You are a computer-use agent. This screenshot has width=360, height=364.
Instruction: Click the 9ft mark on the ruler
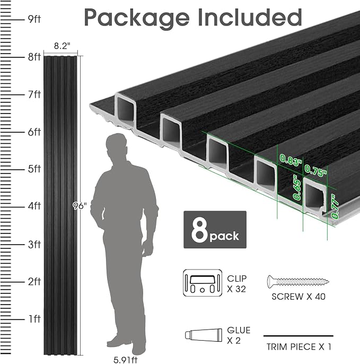point(34,19)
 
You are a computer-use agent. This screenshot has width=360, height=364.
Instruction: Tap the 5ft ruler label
point(34,169)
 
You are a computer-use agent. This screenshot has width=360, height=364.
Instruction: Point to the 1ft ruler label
point(34,319)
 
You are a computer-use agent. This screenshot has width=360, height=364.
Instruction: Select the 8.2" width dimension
point(62,46)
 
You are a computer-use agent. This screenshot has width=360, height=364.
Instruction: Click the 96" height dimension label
point(79,206)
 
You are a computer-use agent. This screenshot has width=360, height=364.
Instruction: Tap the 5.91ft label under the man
point(125,360)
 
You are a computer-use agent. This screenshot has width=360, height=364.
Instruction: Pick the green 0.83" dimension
point(291,160)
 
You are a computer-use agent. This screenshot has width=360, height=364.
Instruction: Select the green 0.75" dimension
point(315,170)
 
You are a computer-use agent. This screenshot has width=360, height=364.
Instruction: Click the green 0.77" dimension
point(334,206)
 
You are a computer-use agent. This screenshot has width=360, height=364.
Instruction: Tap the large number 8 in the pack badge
point(199,230)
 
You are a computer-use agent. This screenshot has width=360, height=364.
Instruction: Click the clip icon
point(203,283)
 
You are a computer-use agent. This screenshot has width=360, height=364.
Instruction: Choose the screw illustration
point(298,282)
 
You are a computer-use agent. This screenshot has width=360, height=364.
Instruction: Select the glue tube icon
point(203,335)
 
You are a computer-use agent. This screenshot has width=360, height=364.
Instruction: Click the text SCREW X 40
point(298,297)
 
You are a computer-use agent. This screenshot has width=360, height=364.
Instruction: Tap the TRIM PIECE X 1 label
point(299,347)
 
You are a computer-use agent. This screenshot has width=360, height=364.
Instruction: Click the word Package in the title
point(137,18)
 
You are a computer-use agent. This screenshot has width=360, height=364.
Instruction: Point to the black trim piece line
point(298,336)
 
